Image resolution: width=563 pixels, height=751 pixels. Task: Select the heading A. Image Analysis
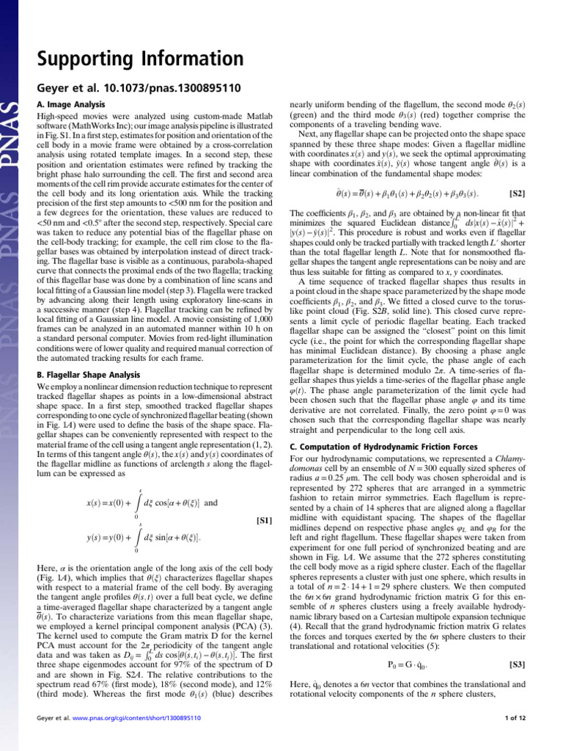70,105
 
